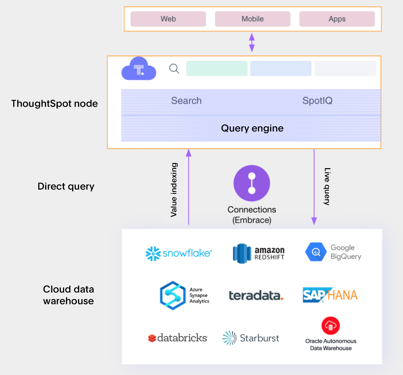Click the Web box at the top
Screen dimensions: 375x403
coord(168,19)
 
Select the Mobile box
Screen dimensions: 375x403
coord(253,19)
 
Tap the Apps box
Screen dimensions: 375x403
coord(337,19)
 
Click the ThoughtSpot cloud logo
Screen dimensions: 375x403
coord(139,69)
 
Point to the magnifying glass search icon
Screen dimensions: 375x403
coord(174,69)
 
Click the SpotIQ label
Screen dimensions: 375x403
coord(317,101)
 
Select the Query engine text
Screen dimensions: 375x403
coord(252,128)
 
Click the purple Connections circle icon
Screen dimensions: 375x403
coord(252,183)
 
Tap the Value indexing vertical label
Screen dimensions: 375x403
coord(174,190)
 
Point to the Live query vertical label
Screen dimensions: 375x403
coord(327,186)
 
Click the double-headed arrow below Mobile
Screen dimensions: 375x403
coord(252,42)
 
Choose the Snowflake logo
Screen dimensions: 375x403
coord(179,253)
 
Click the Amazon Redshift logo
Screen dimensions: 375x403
coord(259,253)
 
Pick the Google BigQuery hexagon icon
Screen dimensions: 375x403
coord(316,252)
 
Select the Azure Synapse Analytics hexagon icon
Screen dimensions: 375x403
coord(173,295)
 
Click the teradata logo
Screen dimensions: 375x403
coord(256,295)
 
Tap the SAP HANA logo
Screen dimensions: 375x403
coord(330,295)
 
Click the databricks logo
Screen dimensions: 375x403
coord(177,338)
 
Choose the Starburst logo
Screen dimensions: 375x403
coord(251,338)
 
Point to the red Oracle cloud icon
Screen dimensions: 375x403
coord(331,326)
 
